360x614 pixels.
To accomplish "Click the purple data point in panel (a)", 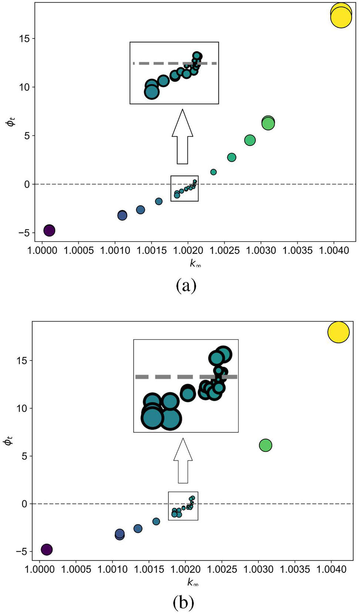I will [x=49, y=231].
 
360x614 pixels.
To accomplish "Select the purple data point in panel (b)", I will [x=47, y=549].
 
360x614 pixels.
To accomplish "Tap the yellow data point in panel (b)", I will [x=338, y=332].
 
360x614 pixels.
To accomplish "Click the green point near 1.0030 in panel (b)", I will [x=265, y=445].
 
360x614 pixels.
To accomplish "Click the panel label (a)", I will [x=186, y=286].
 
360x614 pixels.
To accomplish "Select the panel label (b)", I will [x=183, y=603].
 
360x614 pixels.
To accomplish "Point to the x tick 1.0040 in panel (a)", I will [x=334, y=250].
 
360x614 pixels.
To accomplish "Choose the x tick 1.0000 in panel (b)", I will [x=40, y=569].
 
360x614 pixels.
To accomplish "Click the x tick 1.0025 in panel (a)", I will [x=224, y=250].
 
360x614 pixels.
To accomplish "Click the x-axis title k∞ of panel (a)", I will [x=195, y=263].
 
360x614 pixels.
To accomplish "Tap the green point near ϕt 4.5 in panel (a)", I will [x=250, y=140].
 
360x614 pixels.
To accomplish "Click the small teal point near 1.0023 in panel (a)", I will [x=213, y=172].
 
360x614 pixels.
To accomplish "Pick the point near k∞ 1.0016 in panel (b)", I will [x=156, y=521].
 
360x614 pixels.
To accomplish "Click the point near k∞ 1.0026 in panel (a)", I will [x=231, y=157].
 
